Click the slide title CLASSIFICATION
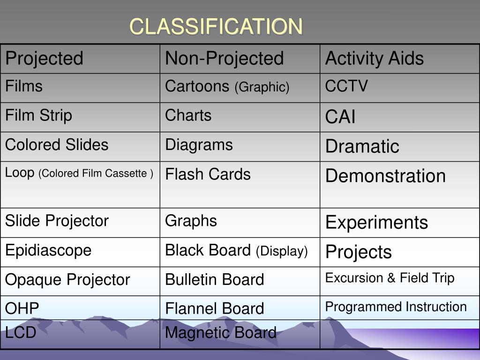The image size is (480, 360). coord(216,27)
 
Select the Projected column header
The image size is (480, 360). coord(44,59)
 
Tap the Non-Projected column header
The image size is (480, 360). coord(224,59)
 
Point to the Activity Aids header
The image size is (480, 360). coord(374,59)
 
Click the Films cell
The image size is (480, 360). coord(24,86)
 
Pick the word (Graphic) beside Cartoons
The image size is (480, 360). coord(262,87)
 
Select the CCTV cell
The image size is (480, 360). coord(346,86)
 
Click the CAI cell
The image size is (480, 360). coord(340,117)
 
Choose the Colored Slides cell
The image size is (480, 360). coord(57,145)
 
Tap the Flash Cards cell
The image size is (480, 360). coord(208,174)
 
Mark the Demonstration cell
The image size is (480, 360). coord(385,176)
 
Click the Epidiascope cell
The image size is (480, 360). coord(48,250)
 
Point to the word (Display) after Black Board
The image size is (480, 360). coord(282,252)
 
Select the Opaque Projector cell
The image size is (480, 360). coord(67,280)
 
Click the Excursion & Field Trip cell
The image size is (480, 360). coord(390,278)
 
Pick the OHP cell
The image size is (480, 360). coord(22,308)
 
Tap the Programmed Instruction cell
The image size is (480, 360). coord(396,307)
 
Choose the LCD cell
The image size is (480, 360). coord(21,333)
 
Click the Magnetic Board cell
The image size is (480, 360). coord(220,333)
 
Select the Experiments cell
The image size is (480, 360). coord(376,222)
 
